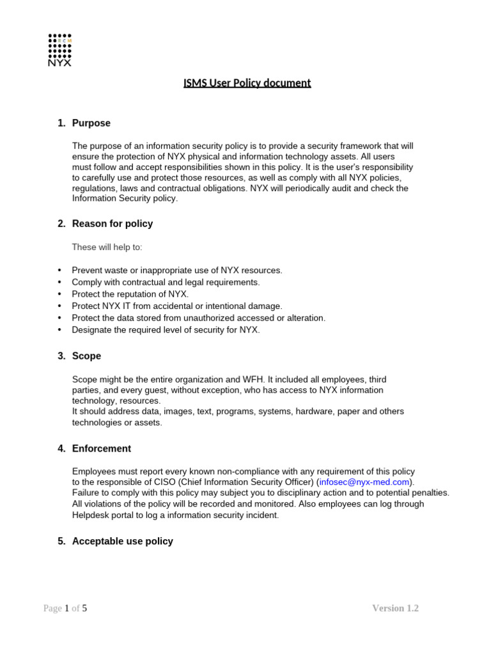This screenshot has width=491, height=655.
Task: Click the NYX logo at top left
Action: pyautogui.click(x=60, y=50)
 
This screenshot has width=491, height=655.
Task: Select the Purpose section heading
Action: pyautogui.click(x=91, y=123)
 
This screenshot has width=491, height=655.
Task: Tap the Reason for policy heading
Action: pyautogui.click(x=112, y=223)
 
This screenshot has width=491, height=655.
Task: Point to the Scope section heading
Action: pyautogui.click(x=86, y=356)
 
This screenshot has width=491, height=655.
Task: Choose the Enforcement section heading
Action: pyautogui.click(x=101, y=448)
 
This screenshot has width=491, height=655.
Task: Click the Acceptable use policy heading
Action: pyautogui.click(x=122, y=541)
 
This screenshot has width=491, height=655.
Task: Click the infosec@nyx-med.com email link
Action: pyautogui.click(x=364, y=481)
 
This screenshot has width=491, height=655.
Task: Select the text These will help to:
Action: pyautogui.click(x=107, y=247)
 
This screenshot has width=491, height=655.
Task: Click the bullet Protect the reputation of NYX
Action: pyautogui.click(x=130, y=294)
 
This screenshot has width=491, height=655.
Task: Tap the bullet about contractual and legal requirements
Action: pyautogui.click(x=166, y=282)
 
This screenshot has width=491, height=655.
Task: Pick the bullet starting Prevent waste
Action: pyautogui.click(x=176, y=271)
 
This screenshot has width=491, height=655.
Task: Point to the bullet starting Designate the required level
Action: pyautogui.click(x=166, y=329)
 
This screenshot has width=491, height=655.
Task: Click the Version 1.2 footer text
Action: pyautogui.click(x=395, y=608)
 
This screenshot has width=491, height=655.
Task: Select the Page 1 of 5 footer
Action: pyautogui.click(x=65, y=608)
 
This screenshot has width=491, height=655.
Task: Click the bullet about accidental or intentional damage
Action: pyautogui.click(x=176, y=306)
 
